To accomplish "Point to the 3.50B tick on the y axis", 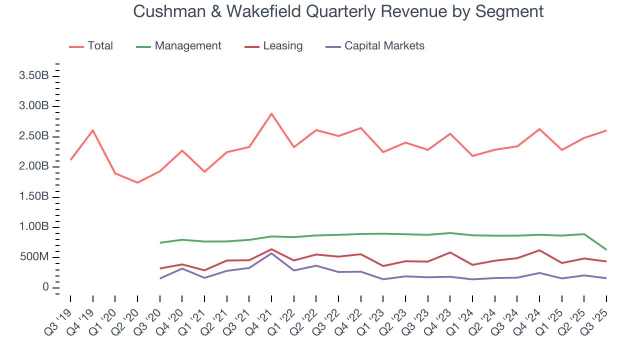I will [x=33, y=76].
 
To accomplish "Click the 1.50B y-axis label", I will [x=33, y=197].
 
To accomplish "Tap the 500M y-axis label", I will [x=34, y=257].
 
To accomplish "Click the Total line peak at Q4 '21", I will [x=271, y=113].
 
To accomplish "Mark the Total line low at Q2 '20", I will [x=137, y=182].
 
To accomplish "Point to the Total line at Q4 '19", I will [x=92, y=130].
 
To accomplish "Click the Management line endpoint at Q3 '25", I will [x=606, y=249].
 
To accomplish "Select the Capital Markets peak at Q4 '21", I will [x=271, y=253].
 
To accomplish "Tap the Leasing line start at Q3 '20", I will [x=159, y=268].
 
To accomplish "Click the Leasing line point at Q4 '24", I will [x=539, y=250].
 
